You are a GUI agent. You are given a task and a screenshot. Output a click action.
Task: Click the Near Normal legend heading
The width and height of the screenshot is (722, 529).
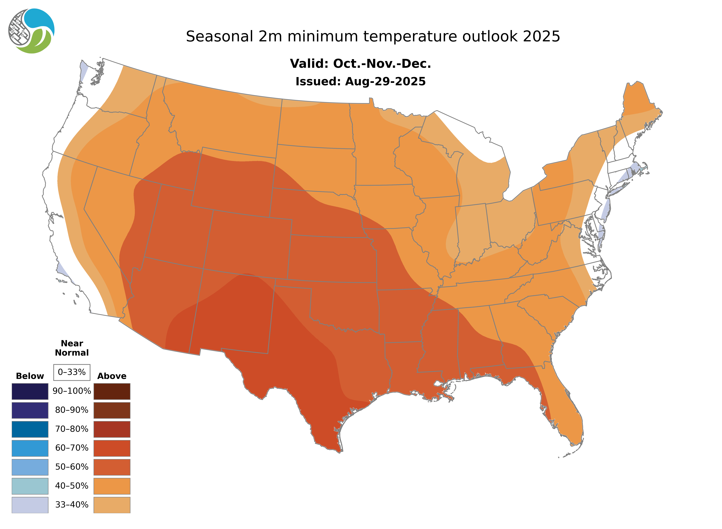click(x=72, y=348)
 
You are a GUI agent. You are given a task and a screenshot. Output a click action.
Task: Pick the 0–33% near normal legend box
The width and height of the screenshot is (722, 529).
click(x=72, y=372)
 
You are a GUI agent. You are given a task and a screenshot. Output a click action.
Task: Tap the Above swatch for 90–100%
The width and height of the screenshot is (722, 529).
click(x=112, y=391)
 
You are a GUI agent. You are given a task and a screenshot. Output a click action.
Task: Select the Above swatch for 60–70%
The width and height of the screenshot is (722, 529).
click(x=112, y=448)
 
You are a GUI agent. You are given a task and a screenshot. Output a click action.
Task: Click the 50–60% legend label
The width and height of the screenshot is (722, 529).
click(x=72, y=467)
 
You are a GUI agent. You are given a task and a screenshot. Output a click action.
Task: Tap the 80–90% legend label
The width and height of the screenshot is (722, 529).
click(x=72, y=410)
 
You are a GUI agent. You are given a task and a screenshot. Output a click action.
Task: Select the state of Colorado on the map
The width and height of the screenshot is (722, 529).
click(x=248, y=243)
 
